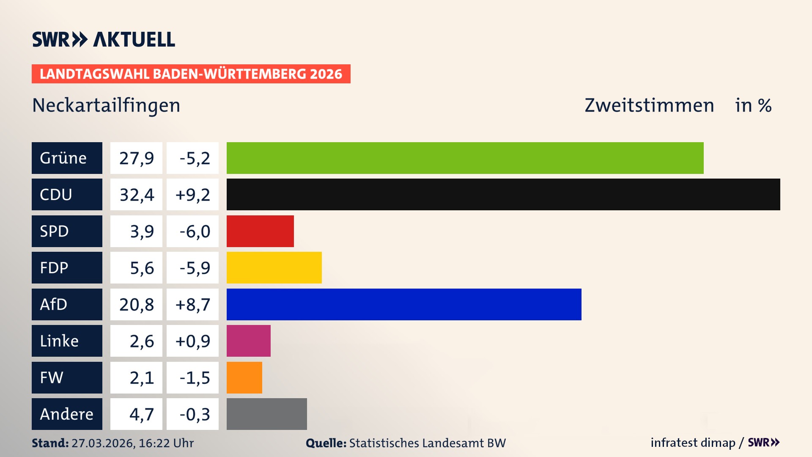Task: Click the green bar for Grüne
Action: pos(465,158)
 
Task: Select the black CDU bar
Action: pos(503,194)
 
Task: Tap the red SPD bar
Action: pos(260,231)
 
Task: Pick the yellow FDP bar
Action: pos(274,267)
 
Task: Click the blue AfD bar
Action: pos(404,304)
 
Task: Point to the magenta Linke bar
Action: pos(248,341)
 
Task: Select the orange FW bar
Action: pos(244,377)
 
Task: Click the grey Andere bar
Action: pos(266,414)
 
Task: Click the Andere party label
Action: pos(67,414)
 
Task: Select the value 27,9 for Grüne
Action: pos(136,158)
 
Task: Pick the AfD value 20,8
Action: pos(136,304)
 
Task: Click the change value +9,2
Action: pos(192,194)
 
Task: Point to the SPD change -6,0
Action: pos(194,231)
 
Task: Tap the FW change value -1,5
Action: pos(194,377)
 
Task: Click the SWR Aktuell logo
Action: pos(103,39)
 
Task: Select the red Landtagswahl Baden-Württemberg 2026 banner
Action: pos(191,74)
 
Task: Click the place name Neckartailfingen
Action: pos(106,105)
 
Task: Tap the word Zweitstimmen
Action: pos(649,105)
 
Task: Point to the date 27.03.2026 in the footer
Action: pos(103,443)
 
